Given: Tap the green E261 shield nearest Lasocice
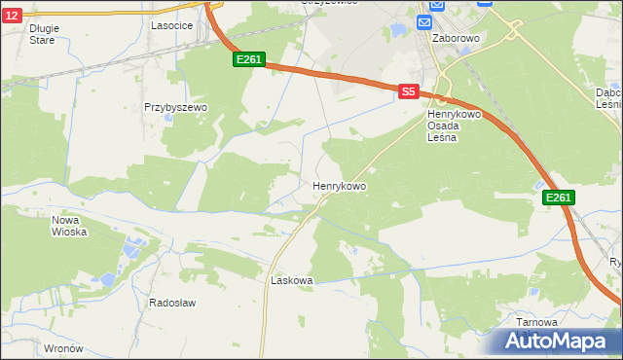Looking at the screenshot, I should [x=248, y=60].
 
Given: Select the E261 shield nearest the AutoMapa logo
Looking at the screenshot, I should [x=558, y=198].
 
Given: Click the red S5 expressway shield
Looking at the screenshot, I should [x=409, y=91].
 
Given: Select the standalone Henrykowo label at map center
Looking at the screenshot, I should [x=339, y=185].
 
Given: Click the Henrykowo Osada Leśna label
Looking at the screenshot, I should [x=448, y=126].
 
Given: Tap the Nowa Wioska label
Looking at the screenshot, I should [x=70, y=226].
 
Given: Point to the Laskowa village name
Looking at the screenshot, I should [x=291, y=280].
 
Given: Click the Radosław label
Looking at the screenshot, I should [x=172, y=303].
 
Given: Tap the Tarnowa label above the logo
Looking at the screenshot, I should [x=536, y=322].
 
